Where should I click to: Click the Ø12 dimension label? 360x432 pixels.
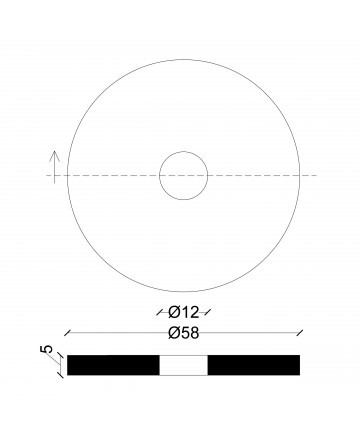184,312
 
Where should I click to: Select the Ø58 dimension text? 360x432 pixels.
184,333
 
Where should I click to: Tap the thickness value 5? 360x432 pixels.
47,349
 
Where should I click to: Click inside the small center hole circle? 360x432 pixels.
184,175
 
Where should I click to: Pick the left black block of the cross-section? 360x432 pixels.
113,365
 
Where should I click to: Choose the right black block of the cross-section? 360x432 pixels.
254,365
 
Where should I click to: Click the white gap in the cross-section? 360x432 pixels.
184,365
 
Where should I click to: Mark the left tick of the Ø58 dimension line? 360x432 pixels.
68,332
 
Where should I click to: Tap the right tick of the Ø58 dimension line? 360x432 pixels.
300,332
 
